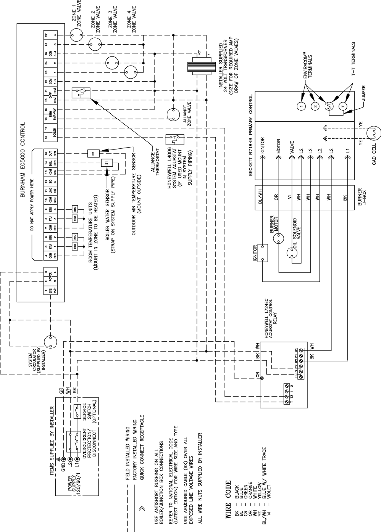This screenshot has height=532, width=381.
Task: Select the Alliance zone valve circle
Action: pyautogui.click(x=173, y=115)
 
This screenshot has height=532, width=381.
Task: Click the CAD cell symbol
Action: pyautogui.click(x=372, y=132)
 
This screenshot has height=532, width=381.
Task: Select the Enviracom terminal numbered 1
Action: pyautogui.click(x=301, y=105)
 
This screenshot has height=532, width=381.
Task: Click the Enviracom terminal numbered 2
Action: pyautogui.click(x=314, y=106)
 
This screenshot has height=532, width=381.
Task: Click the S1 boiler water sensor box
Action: pyautogui.click(x=106, y=163)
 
